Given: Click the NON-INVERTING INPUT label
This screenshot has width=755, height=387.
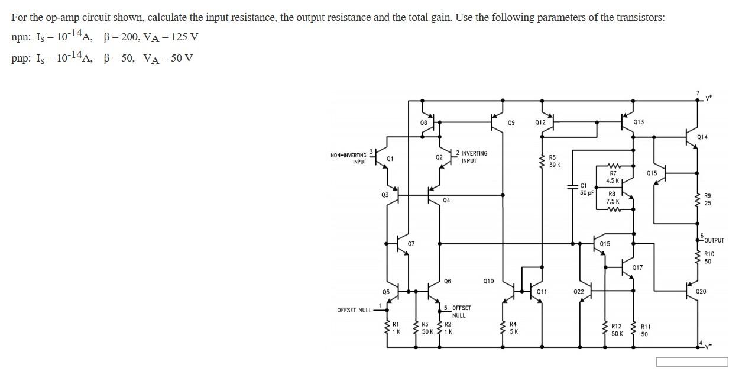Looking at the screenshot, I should point(348,158).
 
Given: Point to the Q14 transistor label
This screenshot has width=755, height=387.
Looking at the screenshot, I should point(702,137).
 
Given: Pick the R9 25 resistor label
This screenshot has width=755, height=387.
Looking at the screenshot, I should point(708,199).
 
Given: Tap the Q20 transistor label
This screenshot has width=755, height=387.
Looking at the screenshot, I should point(701,292).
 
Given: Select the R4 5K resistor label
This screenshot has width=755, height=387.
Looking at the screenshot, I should point(513,328).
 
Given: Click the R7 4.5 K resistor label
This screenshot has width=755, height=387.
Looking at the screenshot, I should point(613,177).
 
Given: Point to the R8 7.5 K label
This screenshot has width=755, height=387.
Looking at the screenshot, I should point(612,197).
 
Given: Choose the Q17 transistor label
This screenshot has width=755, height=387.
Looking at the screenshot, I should point(637,267).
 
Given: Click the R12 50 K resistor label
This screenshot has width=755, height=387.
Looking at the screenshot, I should point(616,330).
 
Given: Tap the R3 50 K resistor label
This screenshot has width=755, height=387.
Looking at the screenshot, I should point(425,328).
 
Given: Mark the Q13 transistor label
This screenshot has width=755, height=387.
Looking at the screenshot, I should point(639,122).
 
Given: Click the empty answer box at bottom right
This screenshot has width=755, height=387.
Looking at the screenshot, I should point(692,362).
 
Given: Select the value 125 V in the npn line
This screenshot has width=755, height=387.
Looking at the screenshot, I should point(183,37).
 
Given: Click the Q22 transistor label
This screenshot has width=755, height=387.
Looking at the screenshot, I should point(578,292).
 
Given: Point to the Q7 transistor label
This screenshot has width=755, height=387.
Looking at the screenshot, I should point(411,243).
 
